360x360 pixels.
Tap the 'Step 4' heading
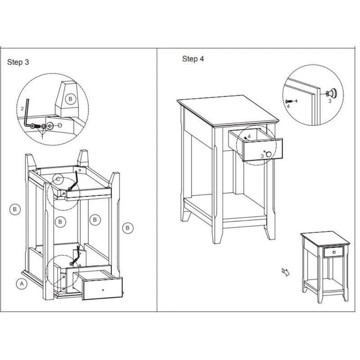coord(193,58)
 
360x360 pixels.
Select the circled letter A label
coord(21,283)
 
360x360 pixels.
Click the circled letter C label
coord(58,179)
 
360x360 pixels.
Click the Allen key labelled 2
coord(27,115)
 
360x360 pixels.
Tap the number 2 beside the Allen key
coord(22,108)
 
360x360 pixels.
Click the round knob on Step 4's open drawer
coord(269,154)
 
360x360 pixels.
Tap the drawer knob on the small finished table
coord(333,252)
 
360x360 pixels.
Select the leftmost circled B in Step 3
coord(15,209)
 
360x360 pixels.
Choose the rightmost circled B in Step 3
coord(128,228)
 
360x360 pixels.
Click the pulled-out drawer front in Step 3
coord(103,288)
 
